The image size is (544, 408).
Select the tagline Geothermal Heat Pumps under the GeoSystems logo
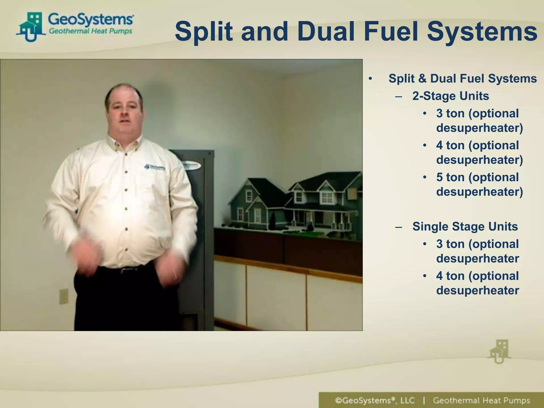pos(91,31)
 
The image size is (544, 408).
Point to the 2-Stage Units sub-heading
pos(450,96)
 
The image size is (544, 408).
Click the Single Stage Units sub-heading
pos(465,227)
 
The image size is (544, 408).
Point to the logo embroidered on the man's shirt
pos(155,167)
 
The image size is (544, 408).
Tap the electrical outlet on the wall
pos(64,296)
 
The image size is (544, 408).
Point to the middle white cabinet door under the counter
pos(276,295)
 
